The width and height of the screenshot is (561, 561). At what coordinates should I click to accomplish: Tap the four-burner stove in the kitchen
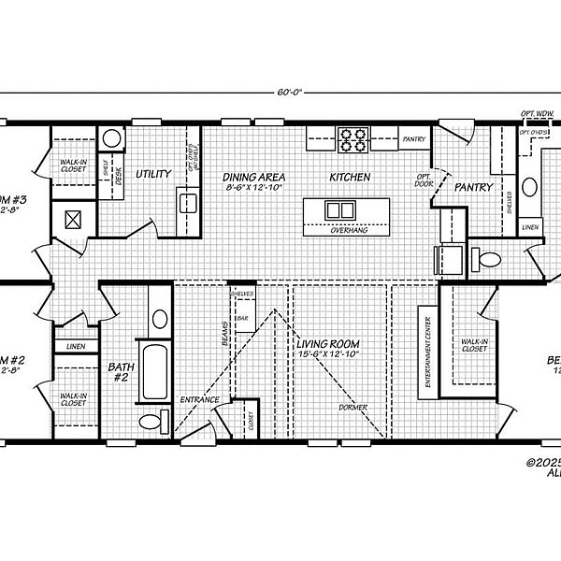tap(353, 140)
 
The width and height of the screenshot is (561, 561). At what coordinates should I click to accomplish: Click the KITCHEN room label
tap(350, 177)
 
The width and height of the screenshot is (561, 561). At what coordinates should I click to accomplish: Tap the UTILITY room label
tap(152, 174)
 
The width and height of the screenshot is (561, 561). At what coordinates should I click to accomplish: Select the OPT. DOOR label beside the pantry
tap(422, 179)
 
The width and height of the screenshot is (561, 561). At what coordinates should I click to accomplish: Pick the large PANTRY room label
tap(473, 187)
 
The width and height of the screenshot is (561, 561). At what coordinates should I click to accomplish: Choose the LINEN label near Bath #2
tap(73, 347)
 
